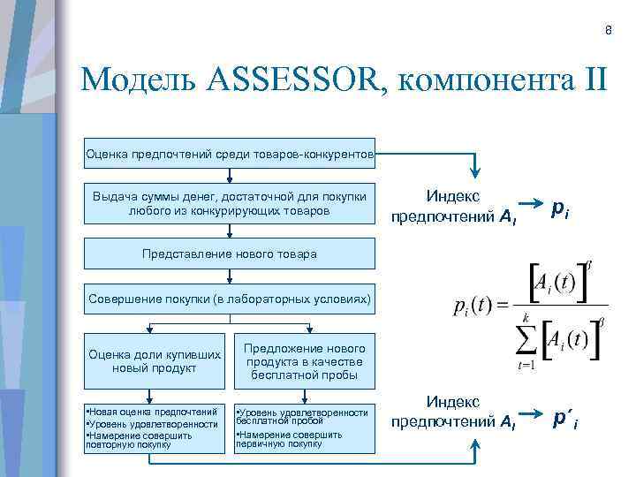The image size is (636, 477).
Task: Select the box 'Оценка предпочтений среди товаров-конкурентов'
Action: click(231, 155)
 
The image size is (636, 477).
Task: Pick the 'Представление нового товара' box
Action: click(230, 254)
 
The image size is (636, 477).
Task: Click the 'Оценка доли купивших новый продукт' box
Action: click(155, 361)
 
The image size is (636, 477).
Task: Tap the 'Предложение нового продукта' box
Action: click(303, 361)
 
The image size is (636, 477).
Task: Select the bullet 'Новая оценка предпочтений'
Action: click(152, 412)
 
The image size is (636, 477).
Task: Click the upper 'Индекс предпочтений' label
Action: click(453, 205)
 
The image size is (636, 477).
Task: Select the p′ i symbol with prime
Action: click(564, 416)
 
